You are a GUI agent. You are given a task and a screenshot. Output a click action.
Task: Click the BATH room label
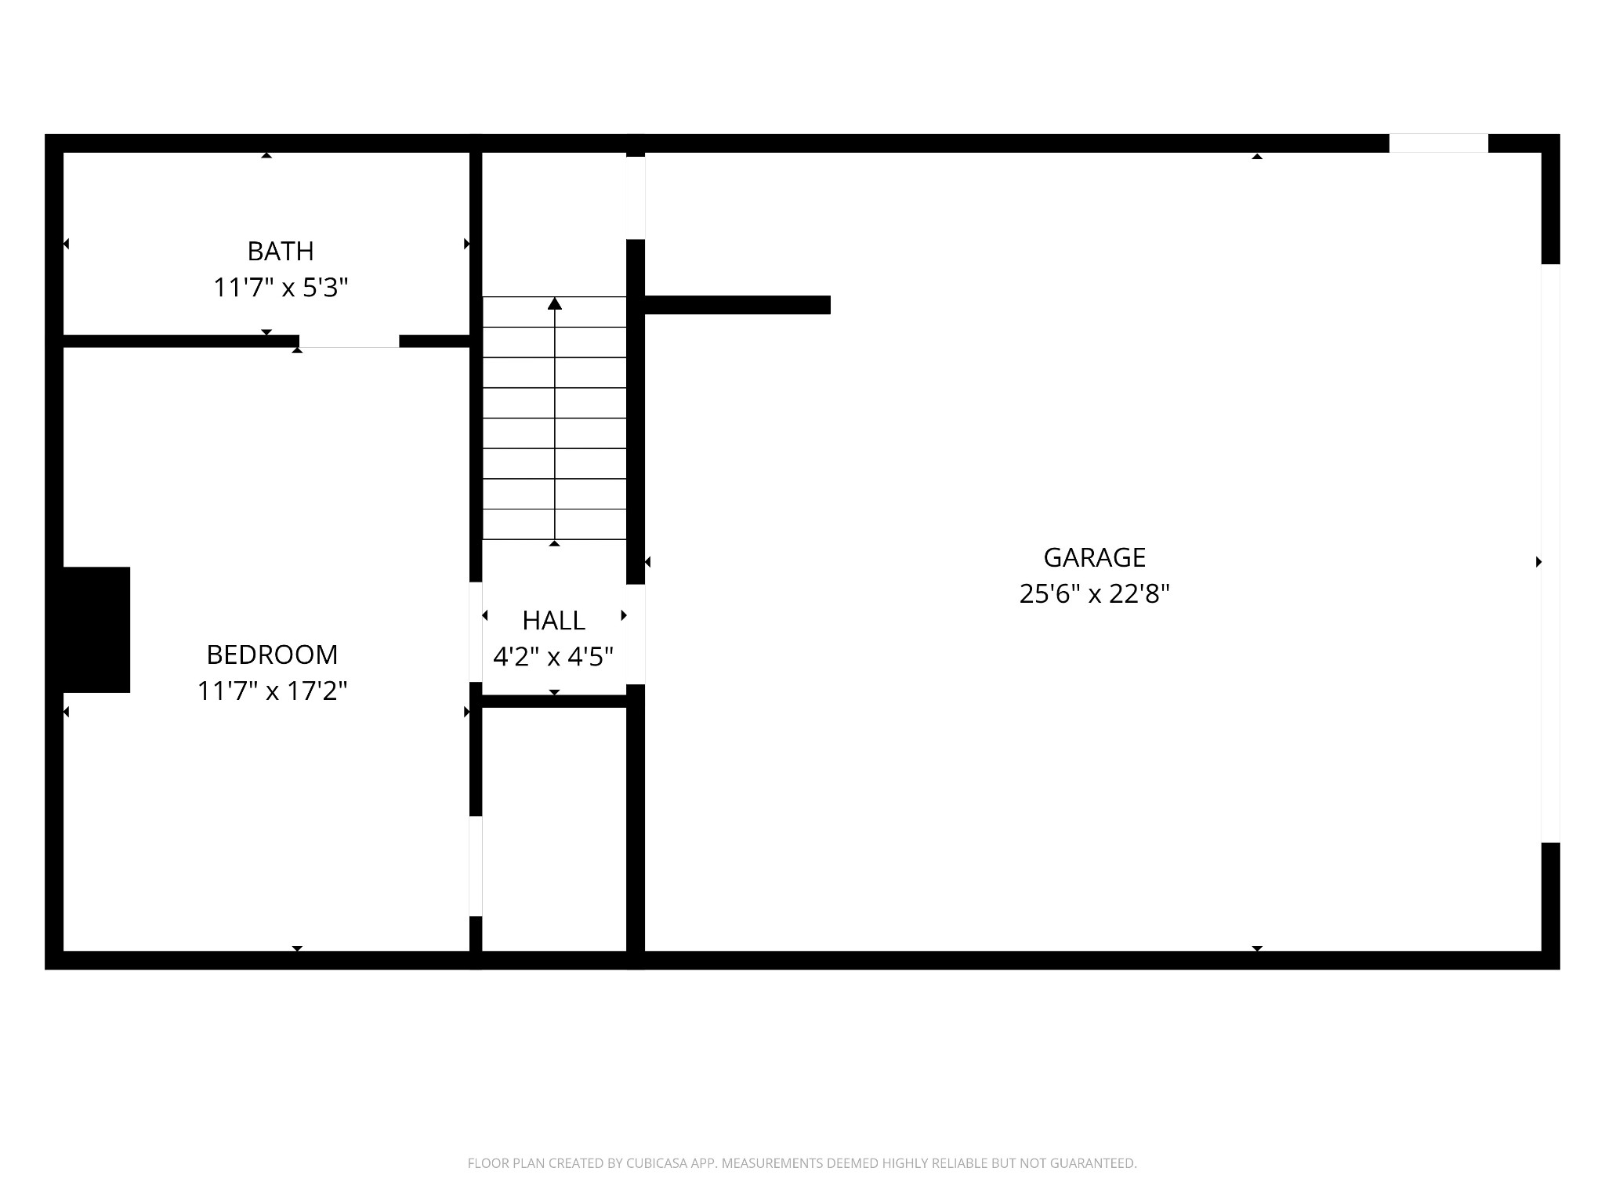point(281,251)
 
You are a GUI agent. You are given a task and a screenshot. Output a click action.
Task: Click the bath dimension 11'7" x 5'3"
point(281,288)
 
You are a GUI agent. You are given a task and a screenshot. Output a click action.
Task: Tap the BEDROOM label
point(272,654)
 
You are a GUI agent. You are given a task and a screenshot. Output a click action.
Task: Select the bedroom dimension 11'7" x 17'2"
point(272,691)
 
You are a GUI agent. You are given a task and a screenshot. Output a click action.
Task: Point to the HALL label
point(553,620)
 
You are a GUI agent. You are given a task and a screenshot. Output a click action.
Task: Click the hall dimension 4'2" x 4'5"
point(553,656)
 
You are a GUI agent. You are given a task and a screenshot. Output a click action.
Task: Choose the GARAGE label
point(1094,557)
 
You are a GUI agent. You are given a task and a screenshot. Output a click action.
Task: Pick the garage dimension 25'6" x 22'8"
point(1094,593)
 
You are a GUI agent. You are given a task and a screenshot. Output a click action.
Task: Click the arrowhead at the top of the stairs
point(555,303)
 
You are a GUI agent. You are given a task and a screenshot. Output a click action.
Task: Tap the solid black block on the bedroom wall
point(96,629)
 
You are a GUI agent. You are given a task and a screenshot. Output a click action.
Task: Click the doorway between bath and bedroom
point(349,342)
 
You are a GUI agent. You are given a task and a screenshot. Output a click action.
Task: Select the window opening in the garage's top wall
point(1438,143)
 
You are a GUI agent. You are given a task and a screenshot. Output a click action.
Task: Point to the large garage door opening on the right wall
point(1550,553)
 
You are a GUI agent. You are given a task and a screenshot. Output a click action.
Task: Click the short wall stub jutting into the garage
point(737,305)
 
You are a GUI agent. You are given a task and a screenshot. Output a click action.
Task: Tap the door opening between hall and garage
point(636,634)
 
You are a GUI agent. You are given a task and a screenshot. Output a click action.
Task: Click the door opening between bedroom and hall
point(476,632)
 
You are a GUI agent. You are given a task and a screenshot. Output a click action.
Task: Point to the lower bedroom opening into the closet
point(476,865)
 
